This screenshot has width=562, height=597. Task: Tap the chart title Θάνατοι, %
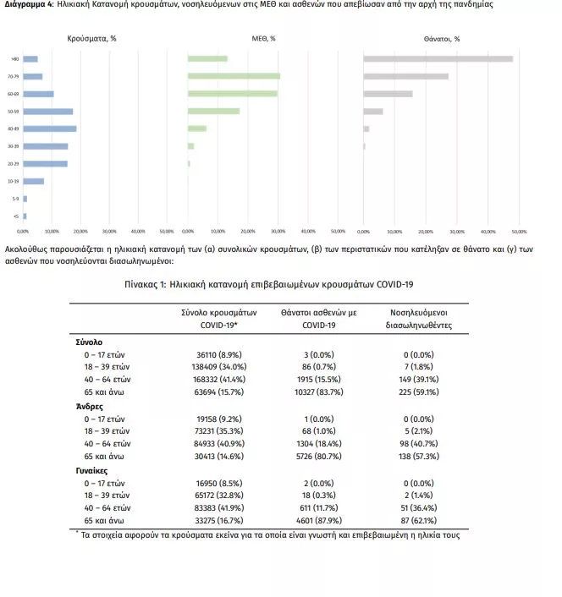pyautogui.click(x=442, y=39)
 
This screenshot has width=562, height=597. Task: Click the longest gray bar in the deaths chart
pyautogui.click(x=438, y=58)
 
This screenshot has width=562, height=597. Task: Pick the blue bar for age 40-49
pyautogui.click(x=50, y=129)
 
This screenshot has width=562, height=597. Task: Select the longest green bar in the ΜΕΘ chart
pyautogui.click(x=234, y=76)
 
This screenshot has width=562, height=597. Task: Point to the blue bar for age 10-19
pyautogui.click(x=33, y=181)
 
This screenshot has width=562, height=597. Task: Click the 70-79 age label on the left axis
pyautogui.click(x=14, y=76)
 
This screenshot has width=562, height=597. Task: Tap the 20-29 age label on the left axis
pyautogui.click(x=14, y=163)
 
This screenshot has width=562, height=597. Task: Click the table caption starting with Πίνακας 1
pyautogui.click(x=280, y=285)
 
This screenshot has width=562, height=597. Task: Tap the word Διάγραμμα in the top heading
pyautogui.click(x=27, y=5)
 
